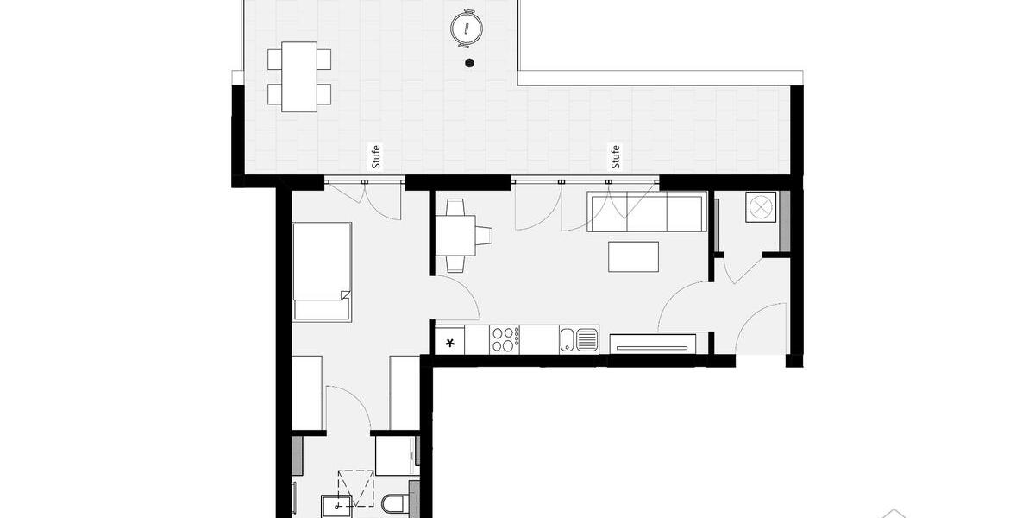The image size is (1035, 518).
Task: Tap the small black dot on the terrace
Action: point(469,62)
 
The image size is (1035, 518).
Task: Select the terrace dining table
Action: point(298,76)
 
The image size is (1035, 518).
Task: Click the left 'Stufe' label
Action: point(374,156)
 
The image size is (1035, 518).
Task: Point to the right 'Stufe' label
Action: point(615,156)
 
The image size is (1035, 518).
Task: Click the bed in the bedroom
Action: point(322,271)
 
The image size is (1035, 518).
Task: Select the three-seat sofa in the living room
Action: point(648,212)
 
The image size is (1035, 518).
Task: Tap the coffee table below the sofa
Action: point(633,256)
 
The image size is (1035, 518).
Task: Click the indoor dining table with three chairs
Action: point(455,235)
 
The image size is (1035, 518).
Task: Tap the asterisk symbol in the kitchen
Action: point(449,343)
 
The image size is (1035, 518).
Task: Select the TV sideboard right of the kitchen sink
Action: point(652,344)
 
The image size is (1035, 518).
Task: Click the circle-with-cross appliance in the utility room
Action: point(760,207)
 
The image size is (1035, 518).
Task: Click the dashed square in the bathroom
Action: point(355,488)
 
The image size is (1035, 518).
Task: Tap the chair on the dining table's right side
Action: point(484,235)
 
